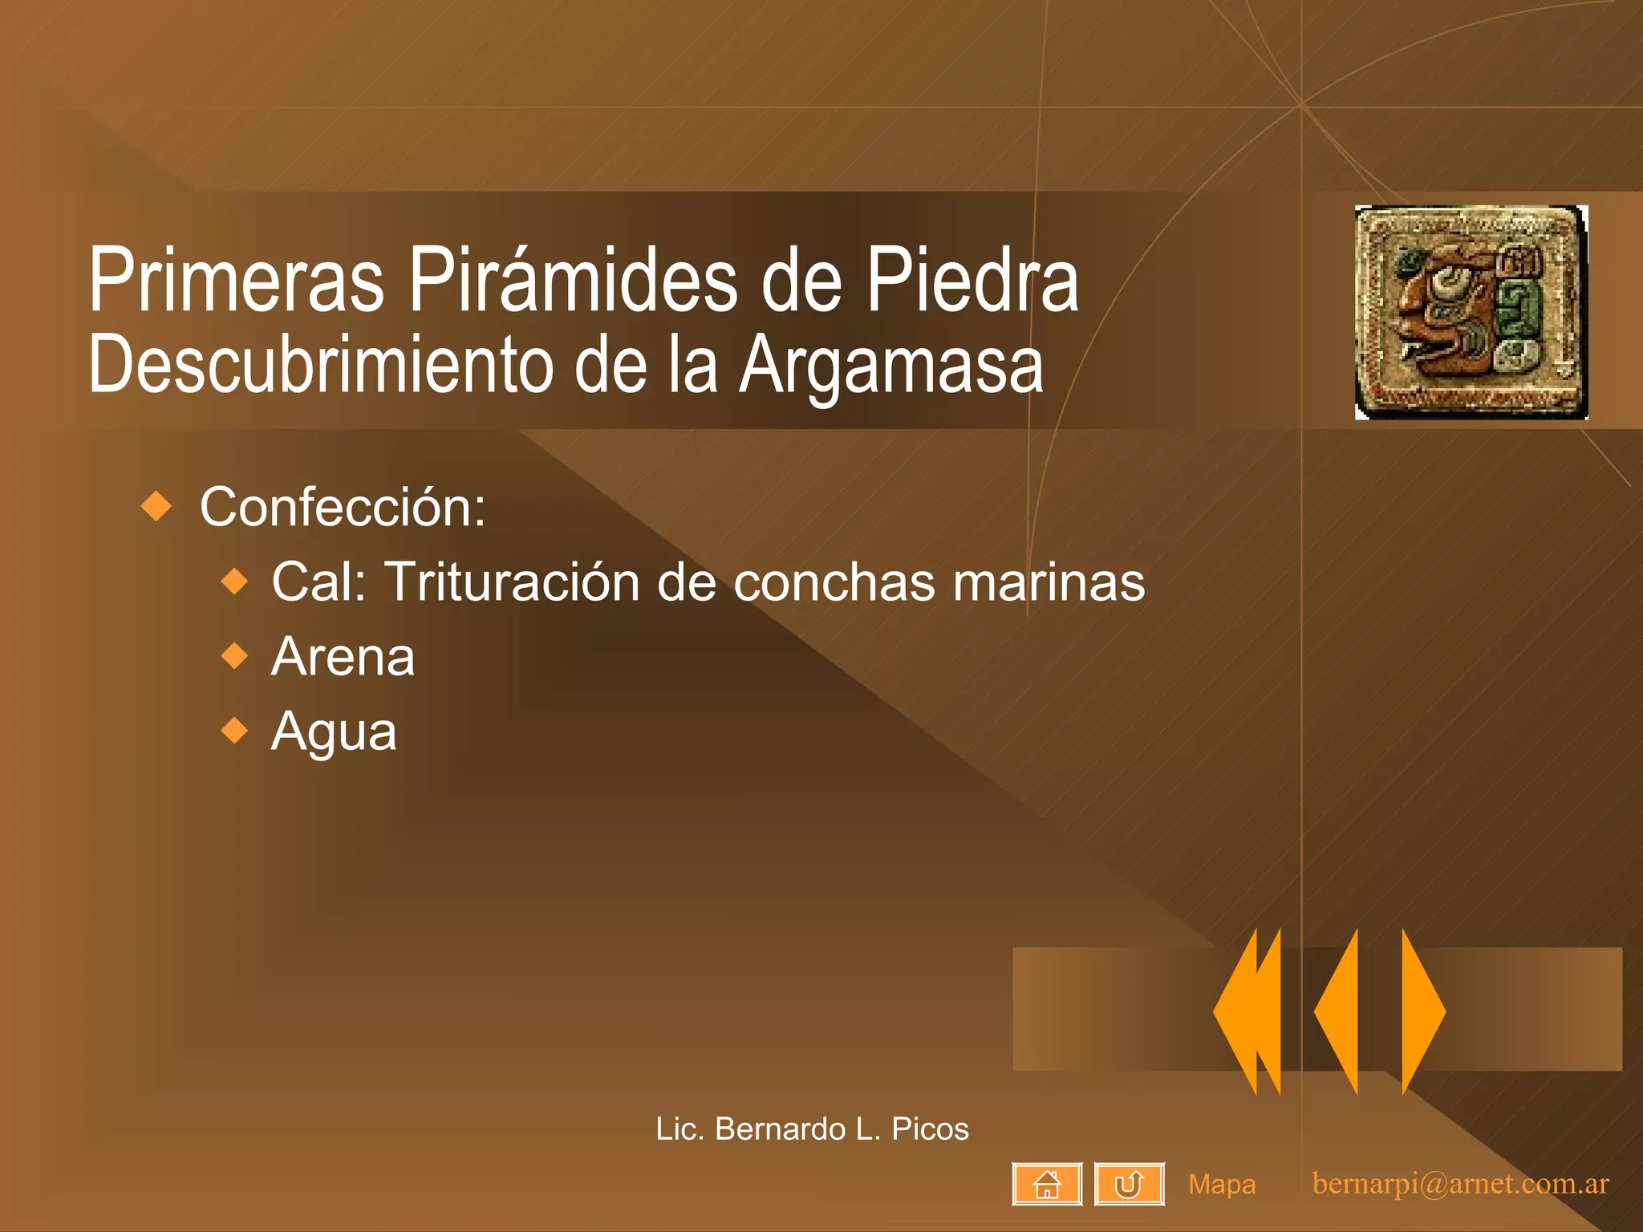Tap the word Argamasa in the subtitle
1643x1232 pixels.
[x=890, y=365]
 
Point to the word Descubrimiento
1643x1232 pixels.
[x=321, y=365]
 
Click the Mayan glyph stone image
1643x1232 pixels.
[x=1471, y=312]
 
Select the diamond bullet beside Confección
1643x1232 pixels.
[x=156, y=506]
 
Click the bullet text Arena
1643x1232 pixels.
[x=343, y=657]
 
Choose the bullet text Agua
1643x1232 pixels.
[x=334, y=731]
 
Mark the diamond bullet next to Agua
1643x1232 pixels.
[x=235, y=731]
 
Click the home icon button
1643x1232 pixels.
[x=1047, y=1184]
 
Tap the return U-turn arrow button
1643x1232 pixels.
[x=1129, y=1184]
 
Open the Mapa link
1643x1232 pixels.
[x=1222, y=1185]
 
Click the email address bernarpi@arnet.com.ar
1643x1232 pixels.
[x=1460, y=1184]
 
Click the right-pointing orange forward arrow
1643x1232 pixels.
[x=1422, y=1011]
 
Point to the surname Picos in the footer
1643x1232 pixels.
[x=930, y=1129]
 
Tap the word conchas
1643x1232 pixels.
[x=834, y=582]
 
